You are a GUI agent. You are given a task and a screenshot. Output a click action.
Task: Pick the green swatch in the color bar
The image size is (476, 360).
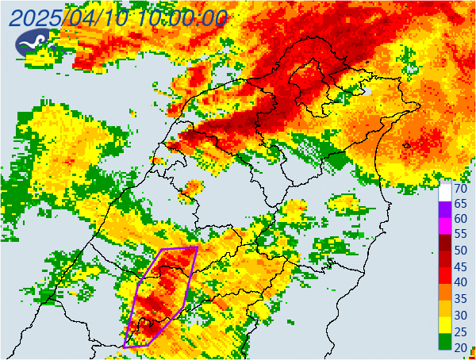click(446, 341)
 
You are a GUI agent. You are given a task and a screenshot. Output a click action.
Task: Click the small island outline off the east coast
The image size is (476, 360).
click(407, 145)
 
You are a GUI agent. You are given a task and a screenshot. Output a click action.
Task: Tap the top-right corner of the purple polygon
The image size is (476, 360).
click(196, 248)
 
